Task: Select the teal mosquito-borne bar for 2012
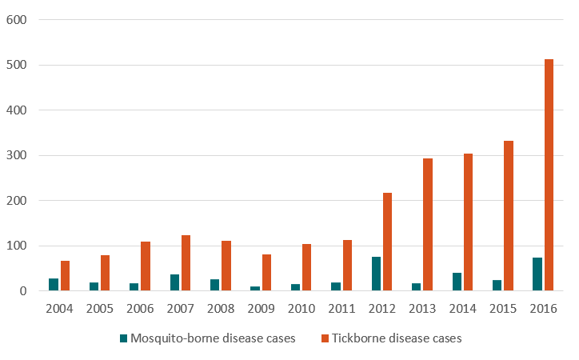[376, 274]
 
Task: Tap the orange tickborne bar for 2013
[428, 225]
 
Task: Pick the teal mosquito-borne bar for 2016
[537, 274]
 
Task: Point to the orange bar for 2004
[66, 276]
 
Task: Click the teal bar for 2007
[174, 282]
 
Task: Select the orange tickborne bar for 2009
[266, 273]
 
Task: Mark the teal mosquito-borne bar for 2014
[456, 282]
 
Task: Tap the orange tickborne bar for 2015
[509, 216]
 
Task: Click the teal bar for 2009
[255, 288]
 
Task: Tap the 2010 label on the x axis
[301, 309]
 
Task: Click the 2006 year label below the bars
[140, 309]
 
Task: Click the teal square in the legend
[124, 338]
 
